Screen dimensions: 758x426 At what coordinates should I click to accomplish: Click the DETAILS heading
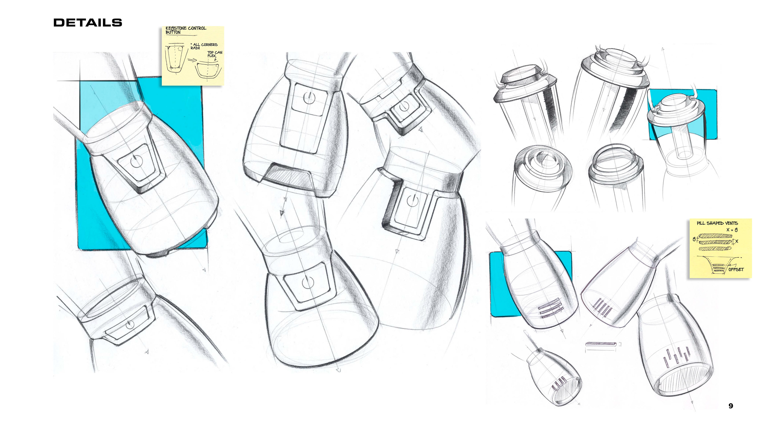88,23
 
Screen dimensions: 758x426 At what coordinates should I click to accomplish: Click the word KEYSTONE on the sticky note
176,28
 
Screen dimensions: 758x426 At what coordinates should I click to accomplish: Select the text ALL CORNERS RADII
204,46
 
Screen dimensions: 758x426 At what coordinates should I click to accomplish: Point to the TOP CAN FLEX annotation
215,54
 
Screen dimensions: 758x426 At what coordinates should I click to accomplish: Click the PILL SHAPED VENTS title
717,223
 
